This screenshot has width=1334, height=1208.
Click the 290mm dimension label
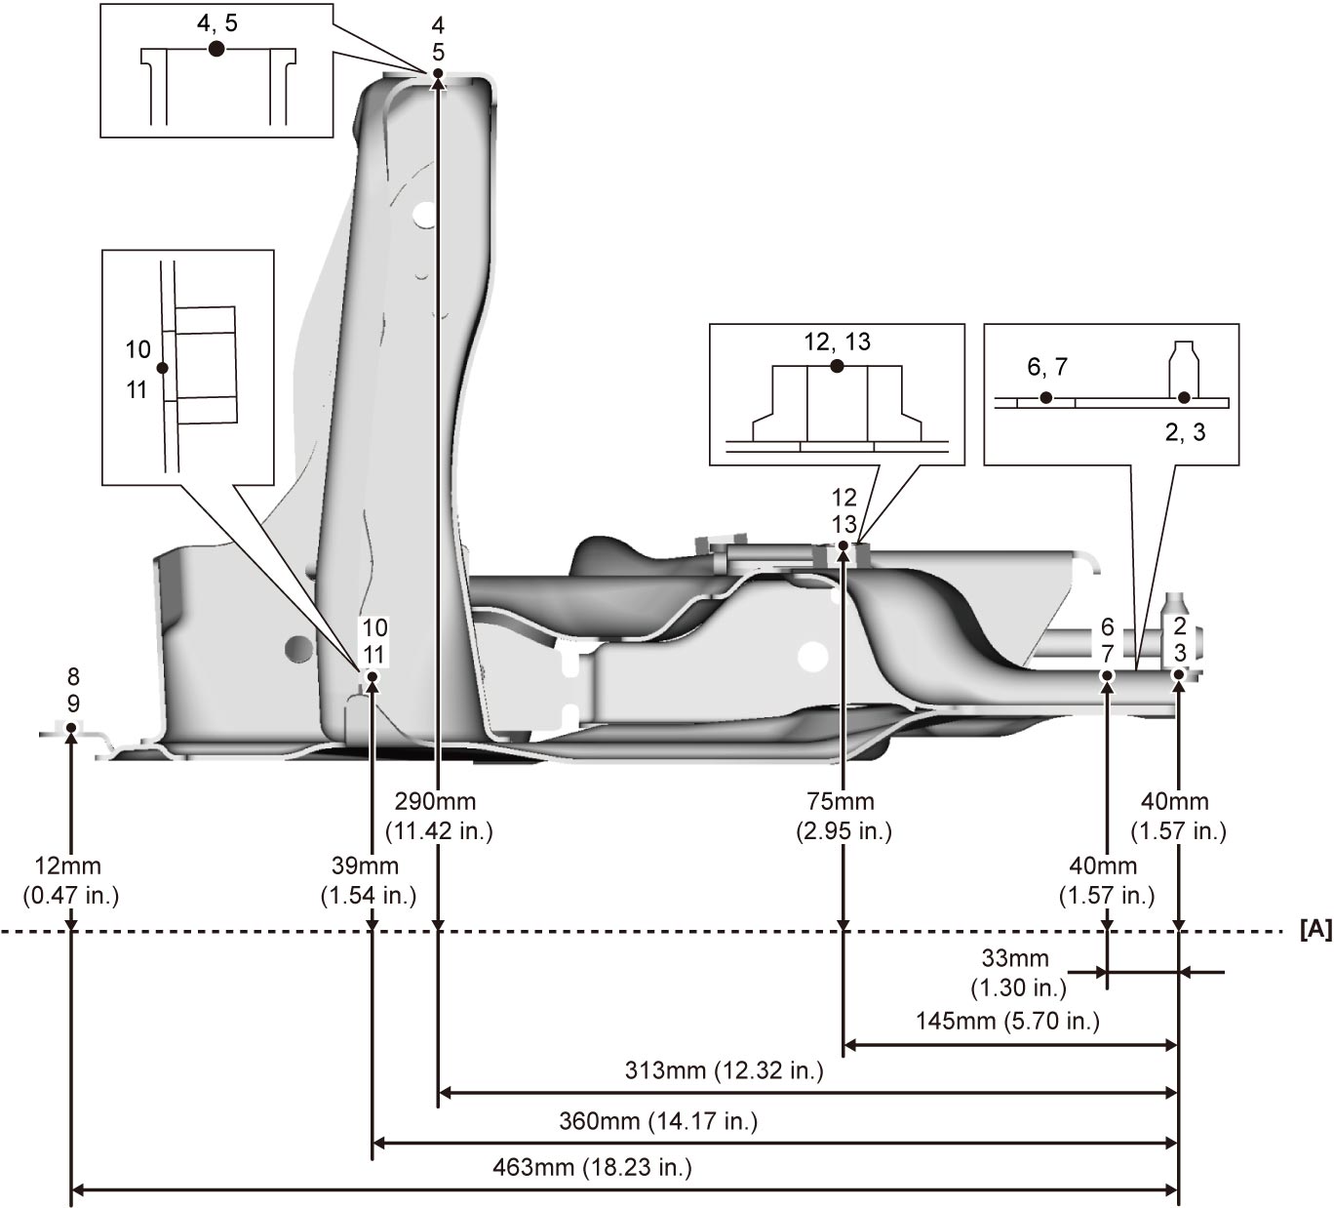pyautogui.click(x=439, y=816)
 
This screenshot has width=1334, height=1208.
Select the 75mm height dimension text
pyautogui.click(x=844, y=816)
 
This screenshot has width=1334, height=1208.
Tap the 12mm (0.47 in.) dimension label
pyautogui.click(x=70, y=880)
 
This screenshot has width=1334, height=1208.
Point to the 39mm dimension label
pyautogui.click(x=368, y=880)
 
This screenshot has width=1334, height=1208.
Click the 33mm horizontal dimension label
pyautogui.click(x=1018, y=973)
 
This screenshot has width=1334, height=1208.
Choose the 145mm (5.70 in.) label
pyautogui.click(x=1007, y=1021)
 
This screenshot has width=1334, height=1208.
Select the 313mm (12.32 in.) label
pyautogui.click(x=725, y=1070)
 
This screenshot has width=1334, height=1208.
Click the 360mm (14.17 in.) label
pyautogui.click(x=658, y=1121)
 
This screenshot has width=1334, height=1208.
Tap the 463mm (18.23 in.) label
pyautogui.click(x=593, y=1167)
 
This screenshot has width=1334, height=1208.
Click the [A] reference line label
pyautogui.click(x=1316, y=930)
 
